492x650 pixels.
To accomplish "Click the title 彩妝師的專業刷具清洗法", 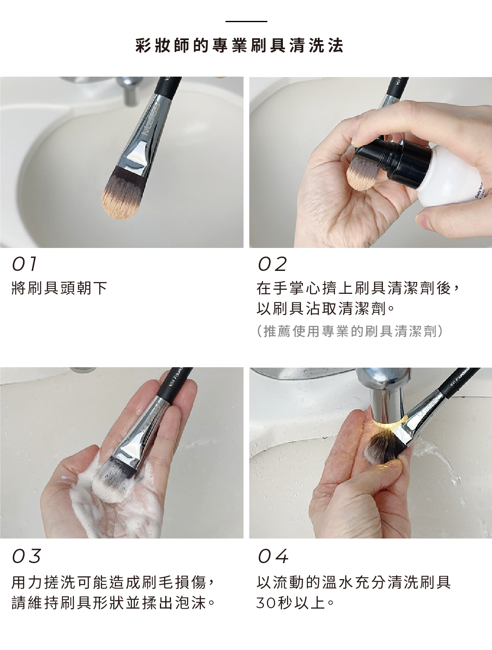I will (239, 45).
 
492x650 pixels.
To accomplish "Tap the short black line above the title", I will (246, 21).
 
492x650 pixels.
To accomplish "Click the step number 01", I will (25, 264).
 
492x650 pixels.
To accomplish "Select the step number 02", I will (272, 264).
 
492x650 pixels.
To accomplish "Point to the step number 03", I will (27, 556).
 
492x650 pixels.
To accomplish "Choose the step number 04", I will (273, 556).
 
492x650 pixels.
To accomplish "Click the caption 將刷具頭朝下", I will (59, 288).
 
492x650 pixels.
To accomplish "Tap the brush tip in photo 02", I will (359, 172).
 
